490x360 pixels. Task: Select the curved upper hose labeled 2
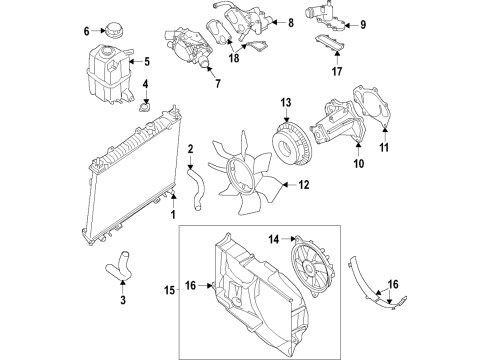pos(194,190)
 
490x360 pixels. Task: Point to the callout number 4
pos(144,83)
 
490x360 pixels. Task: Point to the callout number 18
pos(235,59)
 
